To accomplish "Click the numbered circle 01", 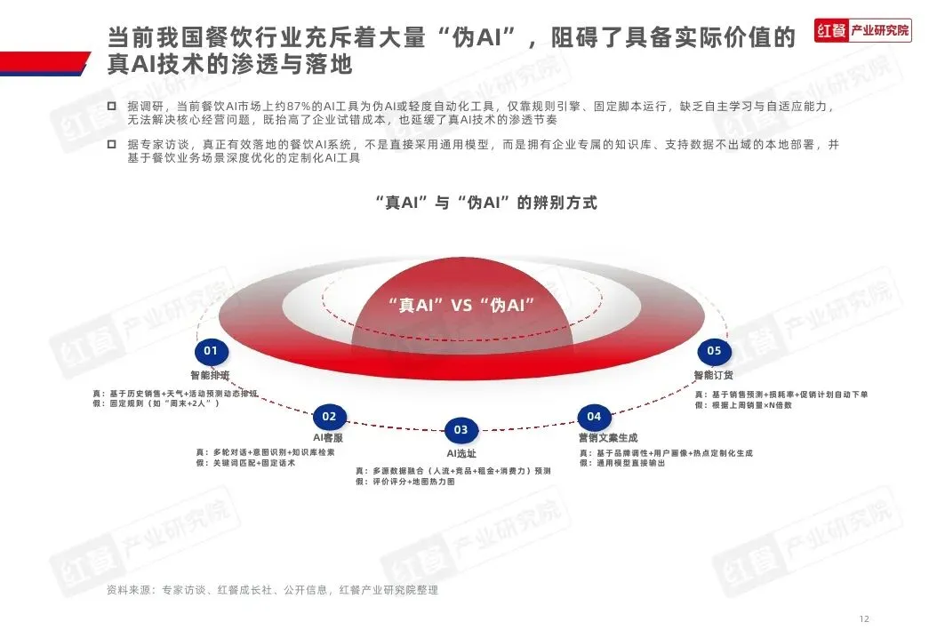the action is click(x=211, y=351).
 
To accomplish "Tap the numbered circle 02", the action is click(x=329, y=416).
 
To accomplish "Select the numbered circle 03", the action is click(x=460, y=430).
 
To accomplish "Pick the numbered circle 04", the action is click(x=594, y=416).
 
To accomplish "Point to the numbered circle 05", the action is click(x=714, y=351).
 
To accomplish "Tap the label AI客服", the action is click(x=328, y=439).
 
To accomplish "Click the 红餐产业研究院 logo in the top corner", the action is click(x=863, y=30).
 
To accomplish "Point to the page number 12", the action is click(x=863, y=618).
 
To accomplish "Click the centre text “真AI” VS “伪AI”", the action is click(x=461, y=304).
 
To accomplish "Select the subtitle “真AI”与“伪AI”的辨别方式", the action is click(x=485, y=203).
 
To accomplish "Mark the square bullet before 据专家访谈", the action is click(x=111, y=143).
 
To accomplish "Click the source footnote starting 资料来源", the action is click(x=272, y=589).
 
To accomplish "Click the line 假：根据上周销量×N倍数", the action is click(x=744, y=405).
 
